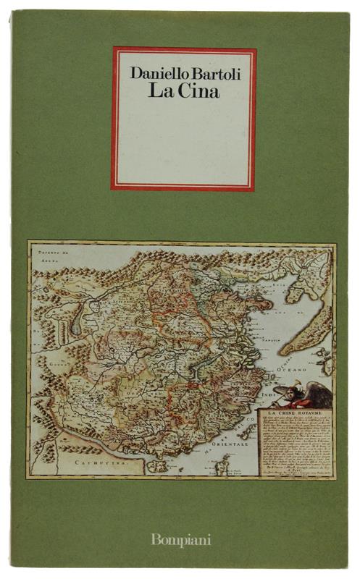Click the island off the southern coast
point(156,467)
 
